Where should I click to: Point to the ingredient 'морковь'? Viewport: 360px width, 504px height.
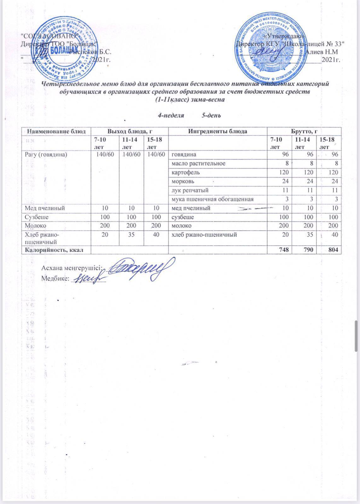[183, 181]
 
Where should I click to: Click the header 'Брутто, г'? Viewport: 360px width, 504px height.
[304, 131]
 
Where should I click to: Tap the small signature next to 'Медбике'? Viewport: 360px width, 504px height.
[89, 278]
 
